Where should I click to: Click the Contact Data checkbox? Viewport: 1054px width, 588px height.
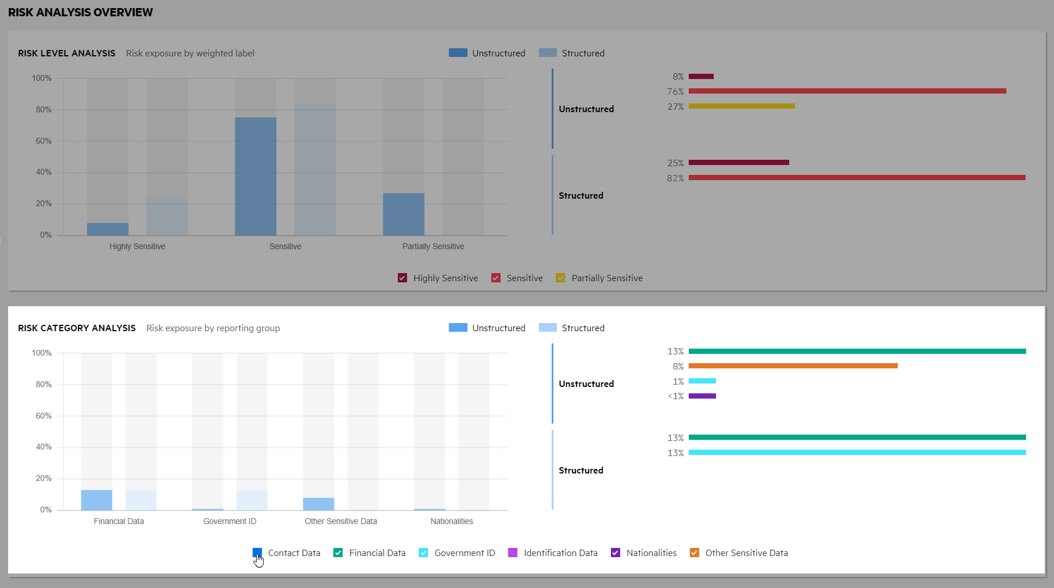point(257,553)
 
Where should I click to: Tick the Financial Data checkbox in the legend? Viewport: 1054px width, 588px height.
point(338,553)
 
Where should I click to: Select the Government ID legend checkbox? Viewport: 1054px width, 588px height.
point(423,553)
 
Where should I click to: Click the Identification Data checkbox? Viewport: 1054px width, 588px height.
point(513,553)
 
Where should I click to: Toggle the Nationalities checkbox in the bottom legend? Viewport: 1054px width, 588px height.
point(616,553)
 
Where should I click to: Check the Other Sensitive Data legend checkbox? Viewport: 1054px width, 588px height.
point(695,553)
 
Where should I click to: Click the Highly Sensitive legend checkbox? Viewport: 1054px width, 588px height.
point(402,278)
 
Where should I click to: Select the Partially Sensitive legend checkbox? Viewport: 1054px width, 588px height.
point(560,278)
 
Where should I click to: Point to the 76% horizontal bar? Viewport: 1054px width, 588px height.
point(847,91)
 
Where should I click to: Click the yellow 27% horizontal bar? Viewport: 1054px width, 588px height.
point(742,106)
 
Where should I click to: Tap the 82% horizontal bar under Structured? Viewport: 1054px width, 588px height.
point(857,178)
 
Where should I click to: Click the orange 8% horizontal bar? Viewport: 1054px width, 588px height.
point(793,366)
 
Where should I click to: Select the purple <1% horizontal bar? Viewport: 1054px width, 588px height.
point(702,396)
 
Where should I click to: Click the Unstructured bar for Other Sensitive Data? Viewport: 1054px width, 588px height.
point(318,504)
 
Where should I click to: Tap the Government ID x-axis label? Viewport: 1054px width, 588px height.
point(230,521)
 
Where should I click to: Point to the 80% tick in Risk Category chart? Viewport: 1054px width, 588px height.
point(44,385)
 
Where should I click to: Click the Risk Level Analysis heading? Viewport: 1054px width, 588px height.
point(67,53)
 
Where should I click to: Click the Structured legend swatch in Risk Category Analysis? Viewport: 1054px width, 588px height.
point(548,328)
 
